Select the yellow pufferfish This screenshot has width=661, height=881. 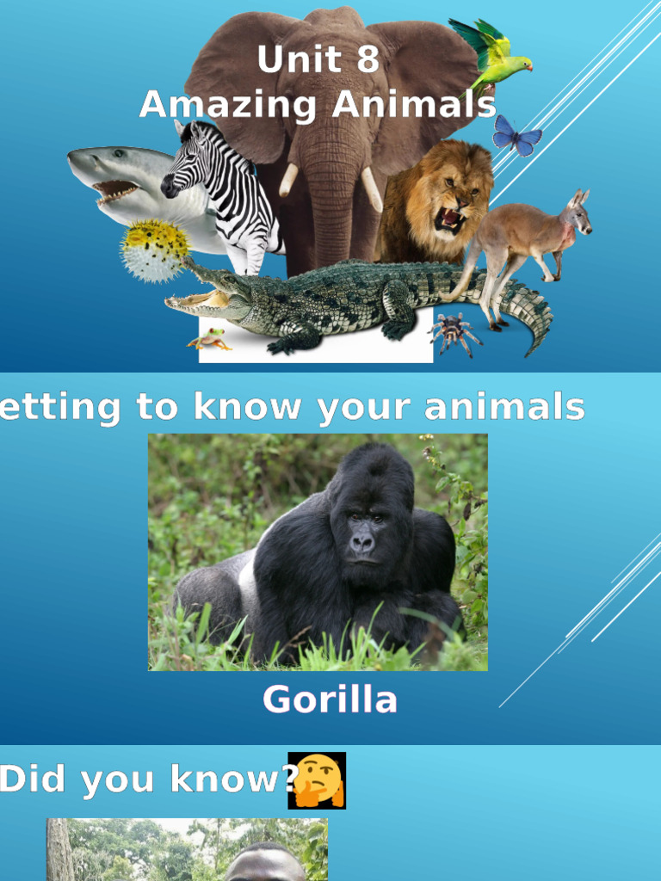tap(156, 249)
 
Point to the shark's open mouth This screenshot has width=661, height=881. tap(116, 190)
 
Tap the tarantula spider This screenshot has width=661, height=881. tap(454, 331)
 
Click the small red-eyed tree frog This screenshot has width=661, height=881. tap(209, 339)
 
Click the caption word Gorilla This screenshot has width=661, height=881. tap(330, 699)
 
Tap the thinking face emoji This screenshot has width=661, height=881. tap(318, 780)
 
